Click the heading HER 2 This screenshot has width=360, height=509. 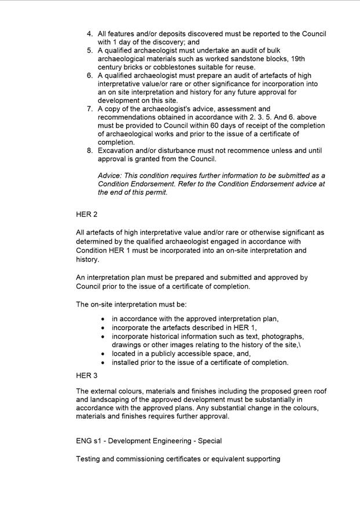pos(86,215)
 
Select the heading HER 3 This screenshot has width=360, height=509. pos(86,375)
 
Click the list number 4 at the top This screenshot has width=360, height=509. pos(90,34)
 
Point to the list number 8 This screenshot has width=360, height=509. pos(90,150)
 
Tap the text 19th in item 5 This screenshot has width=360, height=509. pos(297,59)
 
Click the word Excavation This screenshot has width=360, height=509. pos(119,150)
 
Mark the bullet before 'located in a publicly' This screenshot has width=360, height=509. pos(102,354)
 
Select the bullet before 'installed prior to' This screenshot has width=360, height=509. pos(102,363)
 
